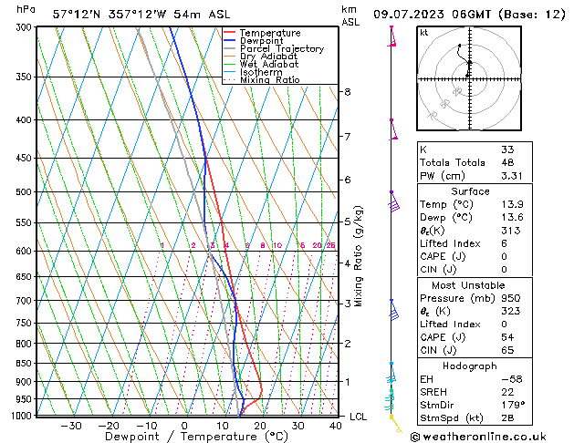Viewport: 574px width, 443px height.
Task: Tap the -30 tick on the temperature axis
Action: tap(69, 425)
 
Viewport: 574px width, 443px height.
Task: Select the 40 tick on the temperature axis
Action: tap(337, 425)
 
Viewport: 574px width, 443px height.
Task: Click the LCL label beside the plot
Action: tap(359, 417)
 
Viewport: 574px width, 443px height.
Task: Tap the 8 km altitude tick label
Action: tap(348, 92)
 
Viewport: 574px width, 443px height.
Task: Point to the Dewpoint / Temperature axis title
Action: tap(183, 437)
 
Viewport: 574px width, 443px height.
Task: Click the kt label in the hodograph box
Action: tap(423, 33)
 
